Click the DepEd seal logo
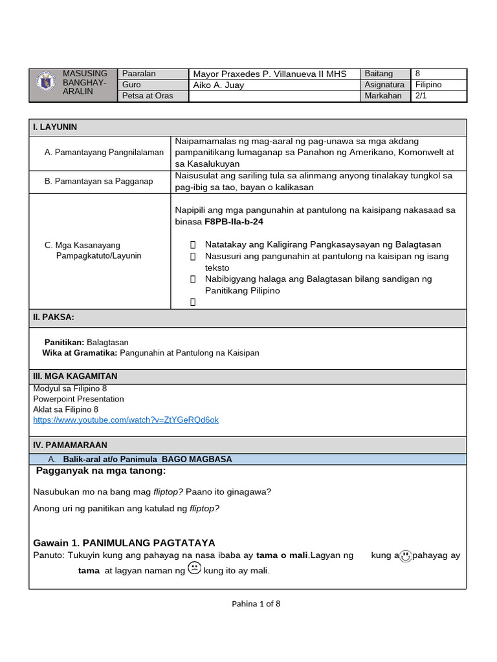click(44, 85)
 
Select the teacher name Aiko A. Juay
click(219, 85)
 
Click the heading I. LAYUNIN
click(55, 127)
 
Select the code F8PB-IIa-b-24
click(234, 222)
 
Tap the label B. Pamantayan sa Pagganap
click(99, 182)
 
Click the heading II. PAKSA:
click(54, 317)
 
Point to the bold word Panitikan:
click(64, 342)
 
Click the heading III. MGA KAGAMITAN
click(75, 376)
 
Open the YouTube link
click(126, 420)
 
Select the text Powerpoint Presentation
click(78, 399)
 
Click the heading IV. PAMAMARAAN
click(70, 445)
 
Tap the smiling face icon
click(405, 556)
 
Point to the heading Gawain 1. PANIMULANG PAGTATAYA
click(124, 542)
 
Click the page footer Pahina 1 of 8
click(256, 604)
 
